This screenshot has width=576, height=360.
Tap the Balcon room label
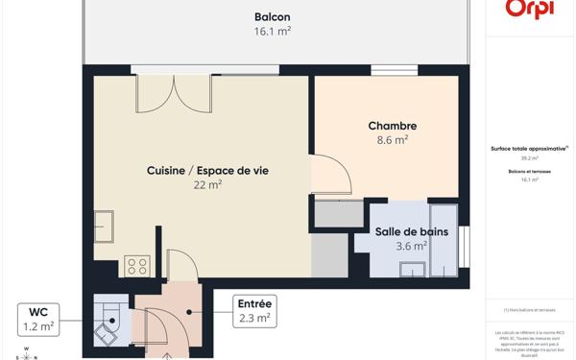pos(273,17)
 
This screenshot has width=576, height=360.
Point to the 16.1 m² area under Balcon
pos(273,32)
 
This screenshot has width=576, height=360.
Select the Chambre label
pos(393,126)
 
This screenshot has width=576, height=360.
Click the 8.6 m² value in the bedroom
pos(393,140)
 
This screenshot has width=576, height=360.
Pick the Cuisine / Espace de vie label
pos(208,170)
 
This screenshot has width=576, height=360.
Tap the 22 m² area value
pos(208,184)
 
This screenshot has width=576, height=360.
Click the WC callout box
pos(39,320)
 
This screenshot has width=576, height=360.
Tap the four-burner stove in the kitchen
pos(136,267)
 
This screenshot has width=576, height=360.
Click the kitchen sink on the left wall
pos(104,227)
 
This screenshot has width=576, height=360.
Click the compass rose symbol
pos(26,354)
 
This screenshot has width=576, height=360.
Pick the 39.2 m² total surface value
pos(530,158)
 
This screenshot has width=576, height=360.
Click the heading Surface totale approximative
pos(529,149)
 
